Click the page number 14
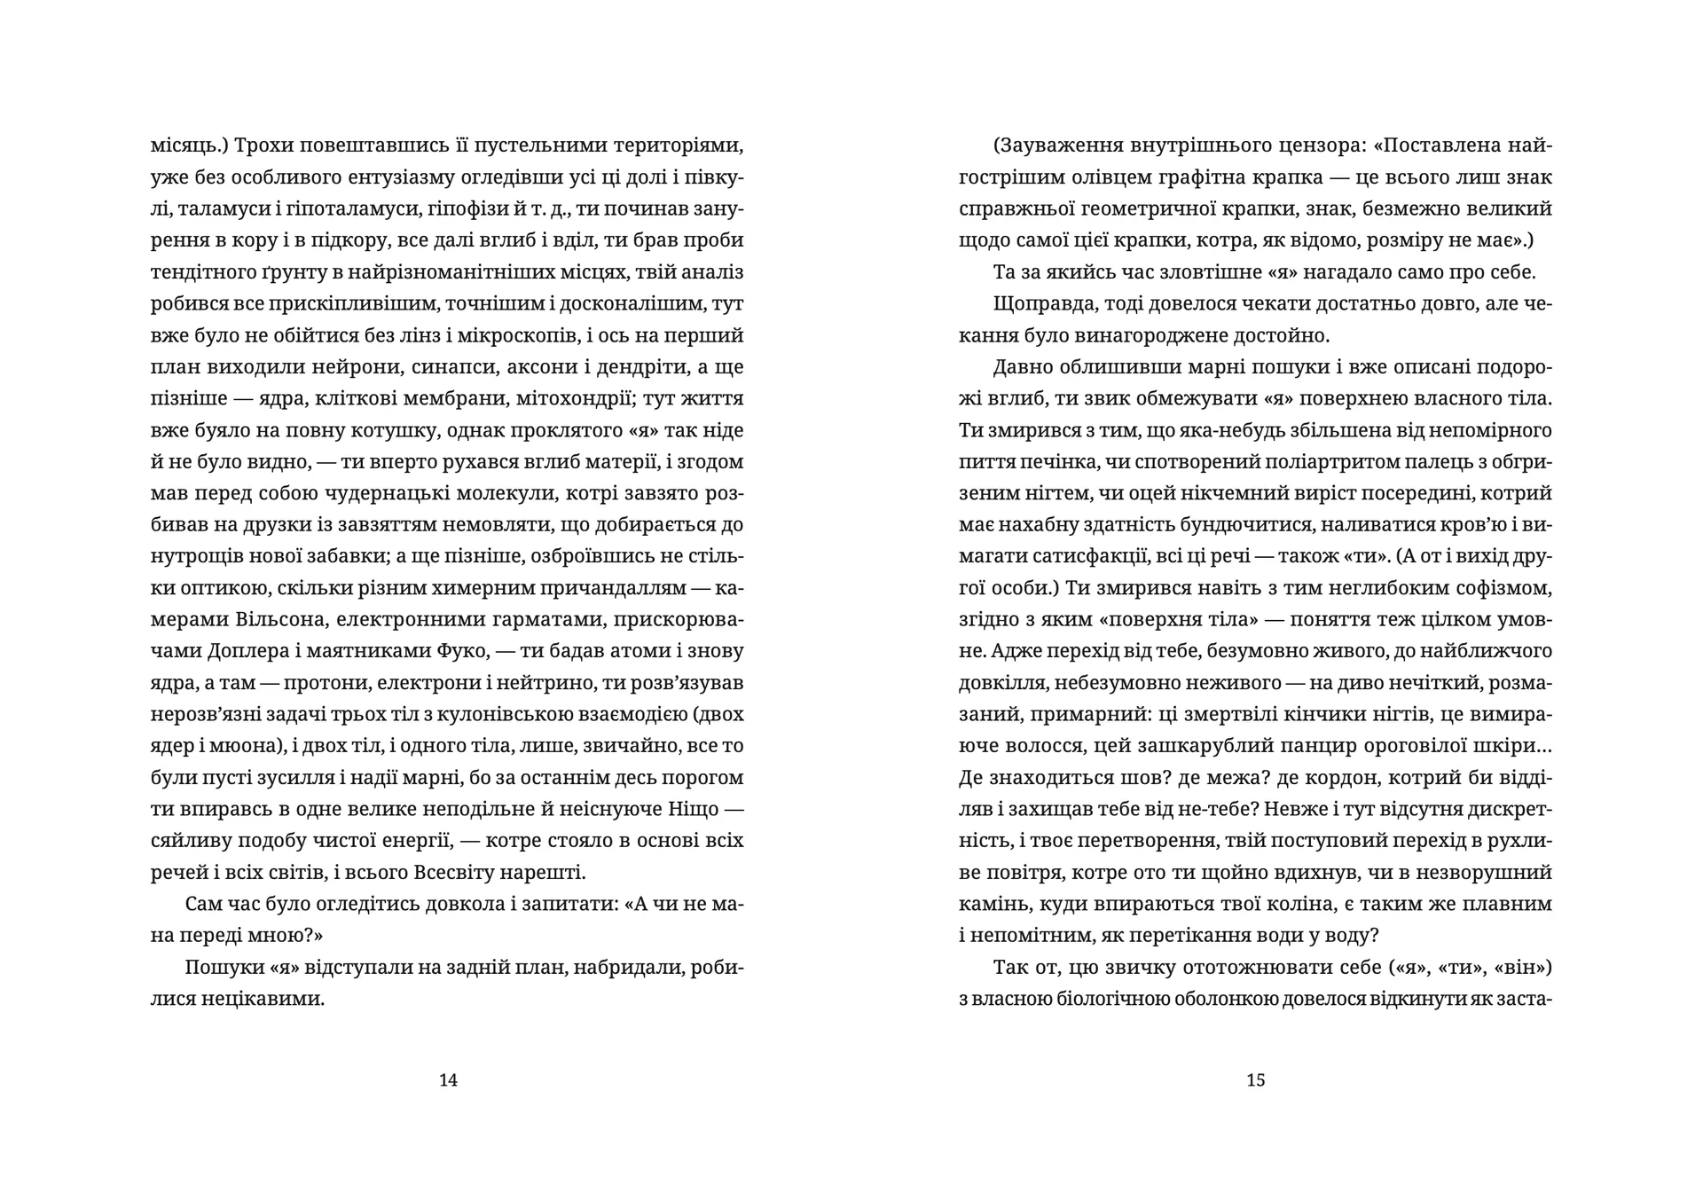coord(448,1079)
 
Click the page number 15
coord(1255,1079)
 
